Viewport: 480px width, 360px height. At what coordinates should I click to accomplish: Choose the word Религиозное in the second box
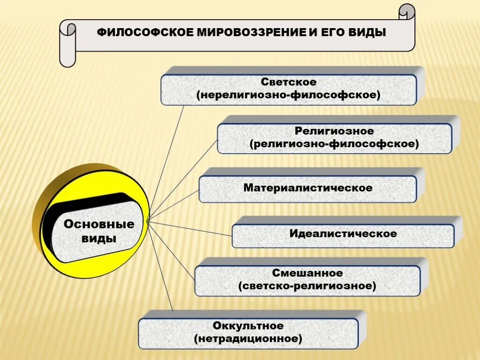point(334,131)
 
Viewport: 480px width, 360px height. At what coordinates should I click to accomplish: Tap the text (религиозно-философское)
point(334,144)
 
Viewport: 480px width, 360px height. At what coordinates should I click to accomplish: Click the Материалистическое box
point(307,188)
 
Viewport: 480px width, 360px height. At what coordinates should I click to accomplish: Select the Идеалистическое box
point(343,233)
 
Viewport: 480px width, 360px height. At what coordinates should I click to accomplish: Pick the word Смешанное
point(307,273)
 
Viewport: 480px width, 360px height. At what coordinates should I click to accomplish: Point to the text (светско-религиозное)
point(307,285)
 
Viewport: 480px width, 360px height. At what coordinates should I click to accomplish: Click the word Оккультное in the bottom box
point(248,325)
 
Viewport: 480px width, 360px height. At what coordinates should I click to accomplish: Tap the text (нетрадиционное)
point(248,338)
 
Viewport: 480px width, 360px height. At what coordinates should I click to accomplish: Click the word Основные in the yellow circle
point(99,224)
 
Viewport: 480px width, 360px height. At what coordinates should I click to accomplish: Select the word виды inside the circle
point(99,238)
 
